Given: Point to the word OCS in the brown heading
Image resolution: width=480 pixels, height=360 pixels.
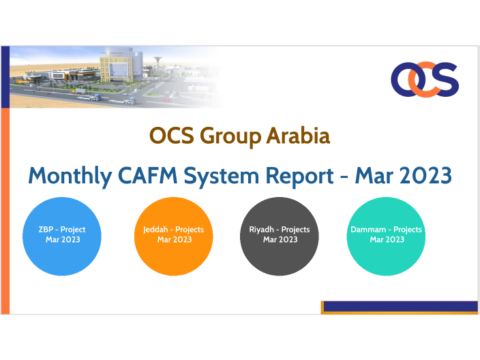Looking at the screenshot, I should click(172, 136).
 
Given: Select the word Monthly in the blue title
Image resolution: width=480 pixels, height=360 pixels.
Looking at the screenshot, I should click(70, 175).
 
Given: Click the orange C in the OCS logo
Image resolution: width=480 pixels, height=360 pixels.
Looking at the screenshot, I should click(425, 78).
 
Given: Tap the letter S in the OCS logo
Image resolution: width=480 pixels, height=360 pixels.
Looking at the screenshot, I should click(446, 78).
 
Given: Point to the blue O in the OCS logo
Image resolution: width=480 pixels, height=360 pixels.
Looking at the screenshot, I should click(404, 78).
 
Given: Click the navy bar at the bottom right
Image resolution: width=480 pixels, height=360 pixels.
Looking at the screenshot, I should click(400, 306).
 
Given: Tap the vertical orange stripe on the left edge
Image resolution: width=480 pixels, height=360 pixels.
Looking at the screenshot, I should click(5, 211).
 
